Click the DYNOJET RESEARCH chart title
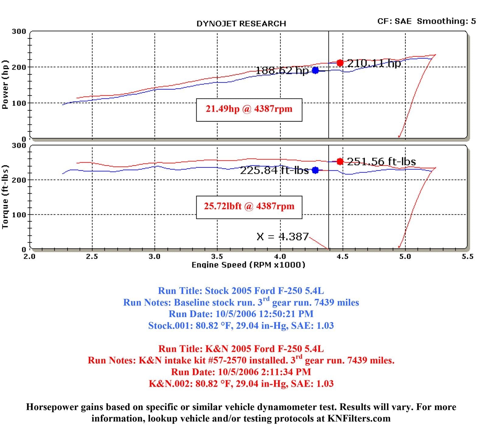[x=241, y=24]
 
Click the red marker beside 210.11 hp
[x=340, y=63]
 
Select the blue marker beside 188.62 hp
[x=315, y=70]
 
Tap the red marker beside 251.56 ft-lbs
[x=340, y=161]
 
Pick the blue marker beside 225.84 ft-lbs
[x=315, y=170]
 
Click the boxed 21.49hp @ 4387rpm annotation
[x=249, y=109]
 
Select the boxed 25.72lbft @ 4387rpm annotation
[x=249, y=206]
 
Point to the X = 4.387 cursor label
[x=282, y=237]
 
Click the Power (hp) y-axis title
[x=5, y=84]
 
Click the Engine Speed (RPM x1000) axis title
[x=248, y=265]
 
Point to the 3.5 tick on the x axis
[x=217, y=256]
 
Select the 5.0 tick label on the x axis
[x=405, y=256]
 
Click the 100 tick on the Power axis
[x=19, y=103]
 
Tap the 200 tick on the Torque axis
[x=19, y=180]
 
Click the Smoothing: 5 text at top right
[x=446, y=21]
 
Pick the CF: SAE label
[x=394, y=21]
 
